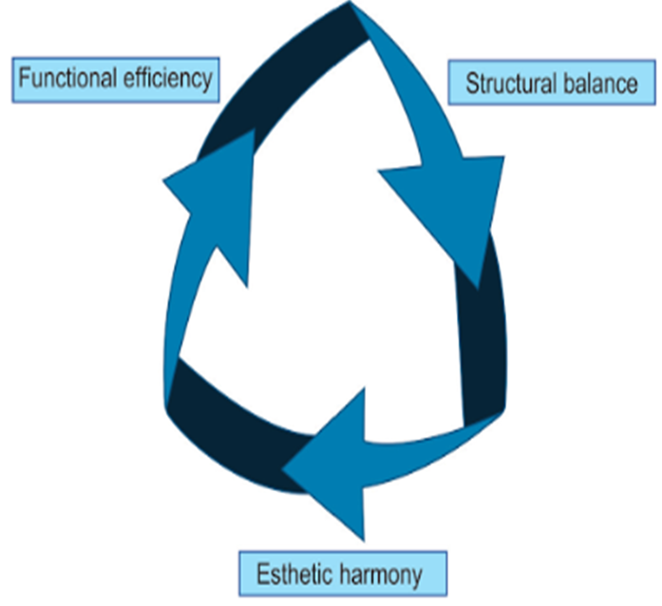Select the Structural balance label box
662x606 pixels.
551,84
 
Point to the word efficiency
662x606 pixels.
166,78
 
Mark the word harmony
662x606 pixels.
384,576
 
